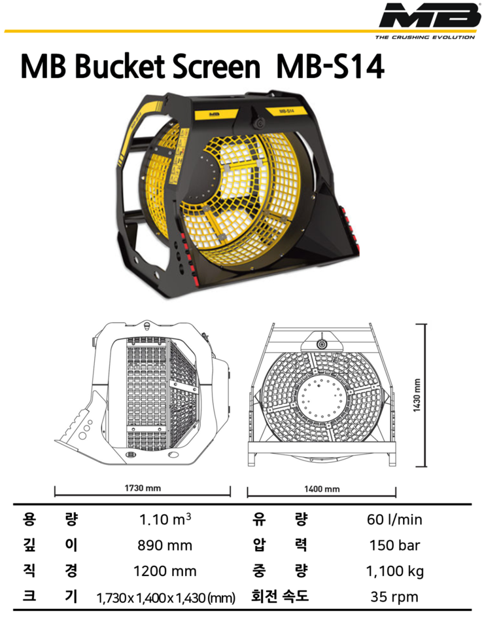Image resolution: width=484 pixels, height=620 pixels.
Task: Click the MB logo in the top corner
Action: (x=430, y=15)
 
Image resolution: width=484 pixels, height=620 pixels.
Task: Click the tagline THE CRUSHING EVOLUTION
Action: (x=424, y=37)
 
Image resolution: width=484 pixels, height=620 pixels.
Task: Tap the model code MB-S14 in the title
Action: (x=330, y=66)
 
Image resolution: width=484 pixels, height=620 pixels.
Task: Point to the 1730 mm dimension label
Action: (x=143, y=488)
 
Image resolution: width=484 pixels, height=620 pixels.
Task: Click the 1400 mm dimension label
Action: (x=322, y=489)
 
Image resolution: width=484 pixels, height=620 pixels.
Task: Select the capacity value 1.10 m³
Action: (x=165, y=519)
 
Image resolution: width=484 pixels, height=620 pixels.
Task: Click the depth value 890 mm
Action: (x=165, y=545)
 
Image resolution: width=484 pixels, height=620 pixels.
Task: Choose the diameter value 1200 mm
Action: (x=165, y=572)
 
